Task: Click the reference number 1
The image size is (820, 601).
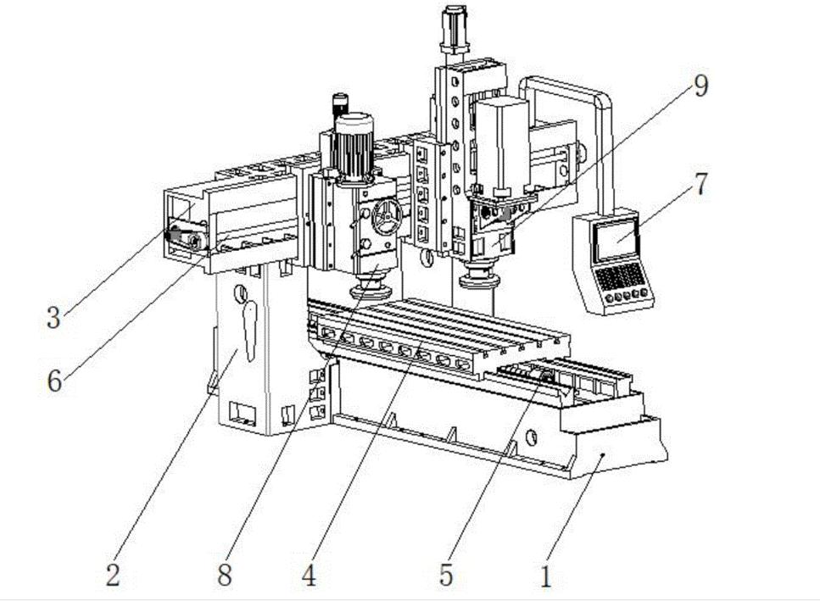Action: click(x=546, y=577)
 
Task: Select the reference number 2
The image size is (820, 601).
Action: click(x=113, y=576)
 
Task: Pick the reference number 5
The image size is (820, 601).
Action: click(x=446, y=576)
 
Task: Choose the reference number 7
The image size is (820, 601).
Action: click(x=700, y=186)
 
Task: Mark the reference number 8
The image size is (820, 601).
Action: click(x=224, y=576)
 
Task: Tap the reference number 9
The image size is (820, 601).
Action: click(x=700, y=86)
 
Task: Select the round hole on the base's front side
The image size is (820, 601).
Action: click(x=532, y=438)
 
